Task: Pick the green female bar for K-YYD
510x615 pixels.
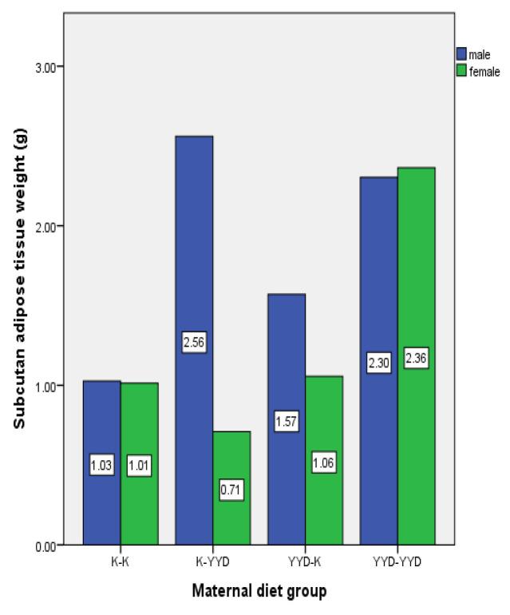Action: point(231,511)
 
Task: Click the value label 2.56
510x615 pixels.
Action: point(194,343)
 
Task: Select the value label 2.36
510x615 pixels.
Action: point(416,359)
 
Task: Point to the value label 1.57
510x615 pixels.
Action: point(287,423)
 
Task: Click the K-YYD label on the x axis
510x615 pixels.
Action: point(212,561)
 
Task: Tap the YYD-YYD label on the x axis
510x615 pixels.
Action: point(397,561)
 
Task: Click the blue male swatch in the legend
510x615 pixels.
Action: point(461,54)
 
